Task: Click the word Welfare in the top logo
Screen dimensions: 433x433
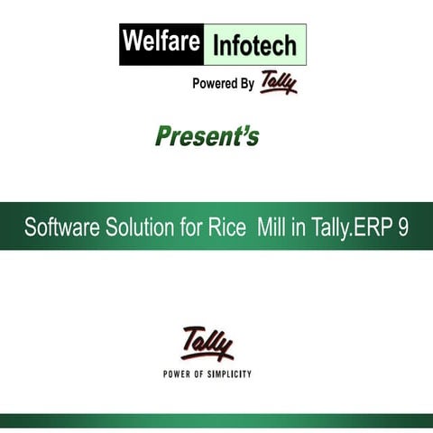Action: point(161,43)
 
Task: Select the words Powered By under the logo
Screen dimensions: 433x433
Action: point(223,84)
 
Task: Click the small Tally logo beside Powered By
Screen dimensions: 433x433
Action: point(278,83)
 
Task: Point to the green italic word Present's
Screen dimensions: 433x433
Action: point(207,136)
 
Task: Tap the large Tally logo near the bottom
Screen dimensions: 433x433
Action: point(207,344)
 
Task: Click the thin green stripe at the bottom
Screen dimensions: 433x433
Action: point(216,420)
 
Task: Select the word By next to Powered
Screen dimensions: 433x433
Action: point(245,84)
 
